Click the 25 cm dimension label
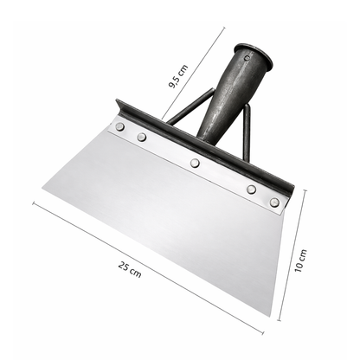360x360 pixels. coord(130,269)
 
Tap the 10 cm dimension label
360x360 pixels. coord(301,260)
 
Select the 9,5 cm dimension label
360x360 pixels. coord(178,76)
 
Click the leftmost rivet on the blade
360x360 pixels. coord(119,126)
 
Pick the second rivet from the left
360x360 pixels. coord(142,137)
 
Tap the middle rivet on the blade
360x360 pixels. coord(195,163)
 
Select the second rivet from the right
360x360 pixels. coord(252,190)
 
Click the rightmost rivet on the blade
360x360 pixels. coord(274,202)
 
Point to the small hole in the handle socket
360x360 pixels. coord(247,58)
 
